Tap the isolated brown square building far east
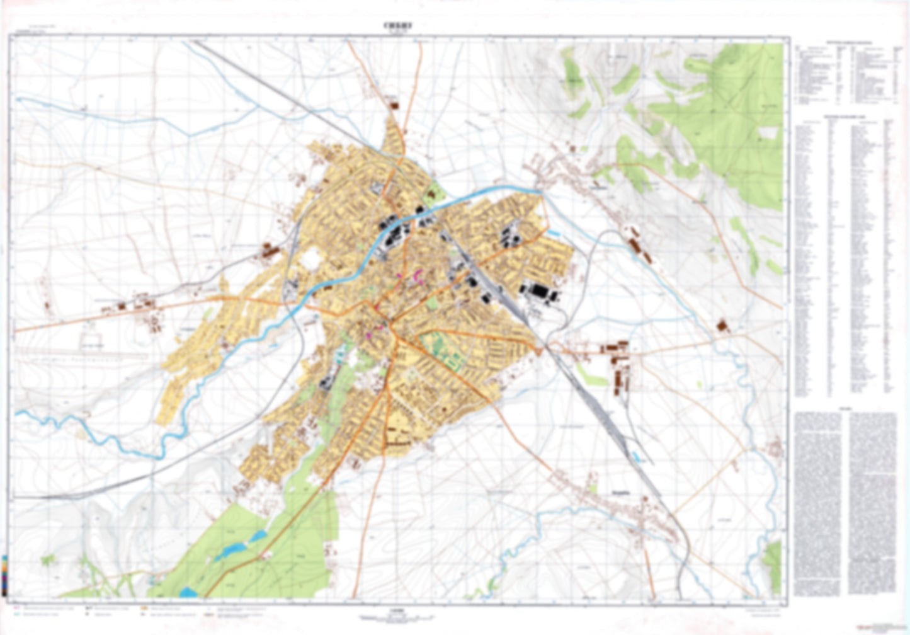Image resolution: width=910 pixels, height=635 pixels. pos(722,326)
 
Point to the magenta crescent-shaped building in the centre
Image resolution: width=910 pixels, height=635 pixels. pos(418,275)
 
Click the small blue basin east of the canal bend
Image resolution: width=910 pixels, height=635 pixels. pos(554,233)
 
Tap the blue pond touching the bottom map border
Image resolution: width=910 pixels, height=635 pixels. pos(188,592)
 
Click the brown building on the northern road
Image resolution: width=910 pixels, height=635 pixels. pos(395,105)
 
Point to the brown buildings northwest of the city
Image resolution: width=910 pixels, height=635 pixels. pos(271,251)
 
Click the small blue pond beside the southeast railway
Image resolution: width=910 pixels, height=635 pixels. pos(640,457)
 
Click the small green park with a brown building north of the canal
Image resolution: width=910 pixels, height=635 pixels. pos(432,193)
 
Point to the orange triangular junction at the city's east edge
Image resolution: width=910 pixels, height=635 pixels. pos(540,348)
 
